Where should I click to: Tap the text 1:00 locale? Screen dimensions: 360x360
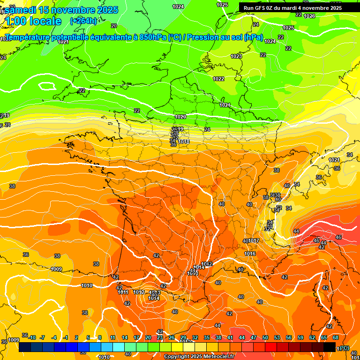pyautogui.click(x=33, y=21)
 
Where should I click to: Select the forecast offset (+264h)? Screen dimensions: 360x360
pyautogui.click(x=83, y=21)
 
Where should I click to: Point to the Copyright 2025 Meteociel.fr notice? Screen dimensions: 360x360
pyautogui.click(x=199, y=357)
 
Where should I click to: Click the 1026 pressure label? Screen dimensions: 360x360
pyautogui.click(x=309, y=16)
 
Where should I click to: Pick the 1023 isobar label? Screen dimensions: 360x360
pyautogui.click(x=236, y=56)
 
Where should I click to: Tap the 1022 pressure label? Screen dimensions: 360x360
pyautogui.click(x=218, y=79)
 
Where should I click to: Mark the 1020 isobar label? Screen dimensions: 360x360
pyautogui.click(x=180, y=117)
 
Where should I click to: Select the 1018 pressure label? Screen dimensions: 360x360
pyautogui.click(x=184, y=142)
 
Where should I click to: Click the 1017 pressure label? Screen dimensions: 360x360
pyautogui.click(x=254, y=240)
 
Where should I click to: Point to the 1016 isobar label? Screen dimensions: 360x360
pyautogui.click(x=250, y=254)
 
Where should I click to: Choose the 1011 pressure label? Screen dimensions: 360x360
pyautogui.click(x=123, y=292)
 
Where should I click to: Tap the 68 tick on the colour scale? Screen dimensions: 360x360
pyautogui.click(x=336, y=337)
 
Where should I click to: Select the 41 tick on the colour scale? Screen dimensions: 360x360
pyautogui.click(x=230, y=337)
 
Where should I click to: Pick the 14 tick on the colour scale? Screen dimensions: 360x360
pyautogui.click(x=125, y=337)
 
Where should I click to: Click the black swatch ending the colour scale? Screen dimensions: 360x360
pyautogui.click(x=330, y=347)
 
